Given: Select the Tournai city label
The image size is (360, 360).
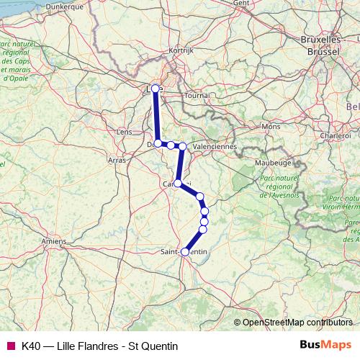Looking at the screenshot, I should pyautogui.click(x=197, y=95).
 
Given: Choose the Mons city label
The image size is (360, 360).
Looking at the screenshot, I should pyautogui.click(x=271, y=126).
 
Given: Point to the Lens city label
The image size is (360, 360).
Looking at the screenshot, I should pyautogui.click(x=124, y=132).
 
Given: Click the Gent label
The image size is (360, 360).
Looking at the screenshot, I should pyautogui.click(x=241, y=3).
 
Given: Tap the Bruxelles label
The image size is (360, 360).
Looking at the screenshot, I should pyautogui.click(x=321, y=40).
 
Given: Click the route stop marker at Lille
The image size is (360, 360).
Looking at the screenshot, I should pyautogui.click(x=155, y=89).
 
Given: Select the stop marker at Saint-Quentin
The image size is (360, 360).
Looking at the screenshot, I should pyautogui.click(x=185, y=252).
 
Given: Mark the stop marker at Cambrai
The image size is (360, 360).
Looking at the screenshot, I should pyautogui.click(x=178, y=184).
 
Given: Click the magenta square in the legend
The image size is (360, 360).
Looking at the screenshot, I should pyautogui.click(x=10, y=346).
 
